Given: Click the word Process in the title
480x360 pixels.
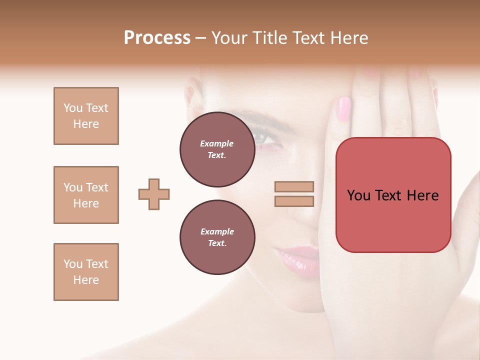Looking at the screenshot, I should (x=157, y=38).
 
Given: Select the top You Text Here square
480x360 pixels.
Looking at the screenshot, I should (x=86, y=116).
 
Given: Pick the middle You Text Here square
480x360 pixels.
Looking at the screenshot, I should (x=86, y=195).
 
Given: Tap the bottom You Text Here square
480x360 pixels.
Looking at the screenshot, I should (x=86, y=272).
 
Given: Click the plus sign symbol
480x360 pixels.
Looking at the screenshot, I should (x=154, y=194).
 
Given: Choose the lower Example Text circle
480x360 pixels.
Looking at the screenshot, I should (x=217, y=237).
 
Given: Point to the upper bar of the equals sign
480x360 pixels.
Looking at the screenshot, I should (x=294, y=186).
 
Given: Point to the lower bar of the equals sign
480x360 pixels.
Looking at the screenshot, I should (x=294, y=201).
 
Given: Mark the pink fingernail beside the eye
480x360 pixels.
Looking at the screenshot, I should (x=344, y=108).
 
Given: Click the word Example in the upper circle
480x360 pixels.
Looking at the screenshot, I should (x=217, y=143).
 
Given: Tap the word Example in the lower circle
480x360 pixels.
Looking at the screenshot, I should (x=217, y=231).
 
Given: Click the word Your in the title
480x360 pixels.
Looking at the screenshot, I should (x=229, y=38).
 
